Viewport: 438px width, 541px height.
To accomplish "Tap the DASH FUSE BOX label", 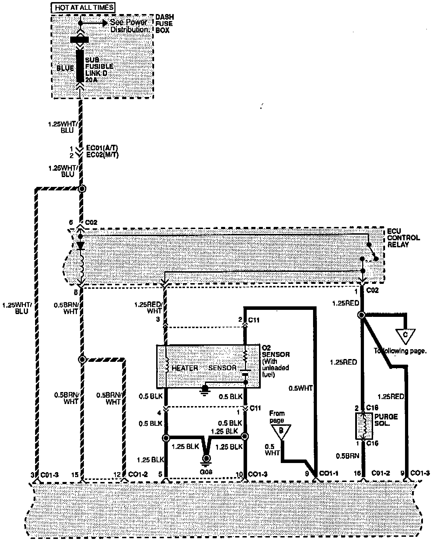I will [x=164, y=24].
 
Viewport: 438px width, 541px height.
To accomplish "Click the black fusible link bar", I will [x=80, y=66].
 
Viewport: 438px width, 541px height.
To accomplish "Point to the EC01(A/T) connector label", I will [x=102, y=148].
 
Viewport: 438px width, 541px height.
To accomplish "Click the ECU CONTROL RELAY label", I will [x=403, y=238].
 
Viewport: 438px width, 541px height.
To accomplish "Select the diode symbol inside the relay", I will [x=81, y=246].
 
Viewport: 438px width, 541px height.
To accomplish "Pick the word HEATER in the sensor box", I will [x=185, y=368].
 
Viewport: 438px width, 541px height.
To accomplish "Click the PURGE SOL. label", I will [x=386, y=420].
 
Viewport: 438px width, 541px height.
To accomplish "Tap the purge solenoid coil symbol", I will [x=364, y=426].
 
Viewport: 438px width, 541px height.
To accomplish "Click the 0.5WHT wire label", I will [x=300, y=388].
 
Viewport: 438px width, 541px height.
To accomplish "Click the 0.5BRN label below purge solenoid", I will [x=347, y=456].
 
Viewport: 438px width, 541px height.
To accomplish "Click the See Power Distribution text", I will [x=130, y=26].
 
